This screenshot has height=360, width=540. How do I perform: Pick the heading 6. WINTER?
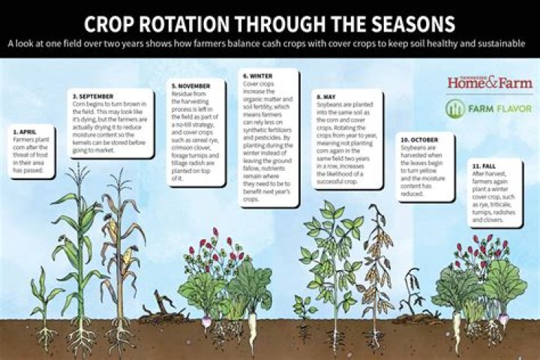coord(259,76)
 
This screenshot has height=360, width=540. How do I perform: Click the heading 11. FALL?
coord(485,164)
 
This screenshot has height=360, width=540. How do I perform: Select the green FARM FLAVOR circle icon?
coord(455,109)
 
